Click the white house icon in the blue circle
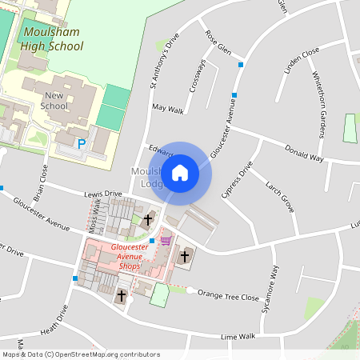(180, 173)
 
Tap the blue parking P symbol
(81, 144)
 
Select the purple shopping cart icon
(166, 240)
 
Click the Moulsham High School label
(53, 39)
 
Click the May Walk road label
(167, 109)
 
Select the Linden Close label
(302, 61)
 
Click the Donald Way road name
(305, 155)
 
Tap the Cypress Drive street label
(237, 181)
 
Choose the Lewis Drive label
(102, 194)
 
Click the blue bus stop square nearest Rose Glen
(241, 63)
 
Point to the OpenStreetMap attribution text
(80, 354)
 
